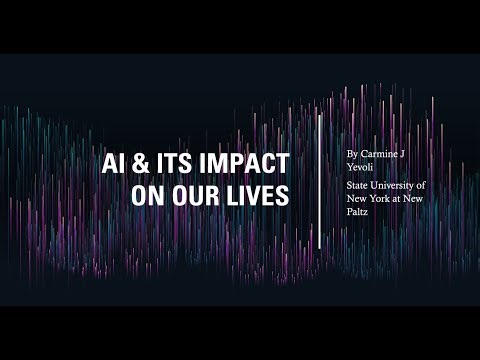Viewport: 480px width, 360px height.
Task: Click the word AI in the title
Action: click(115, 164)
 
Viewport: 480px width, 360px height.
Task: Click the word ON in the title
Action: click(146, 195)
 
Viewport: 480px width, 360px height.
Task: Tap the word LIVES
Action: click(254, 195)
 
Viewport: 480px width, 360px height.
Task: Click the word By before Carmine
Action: click(352, 155)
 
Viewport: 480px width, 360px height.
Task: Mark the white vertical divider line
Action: click(320, 180)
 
